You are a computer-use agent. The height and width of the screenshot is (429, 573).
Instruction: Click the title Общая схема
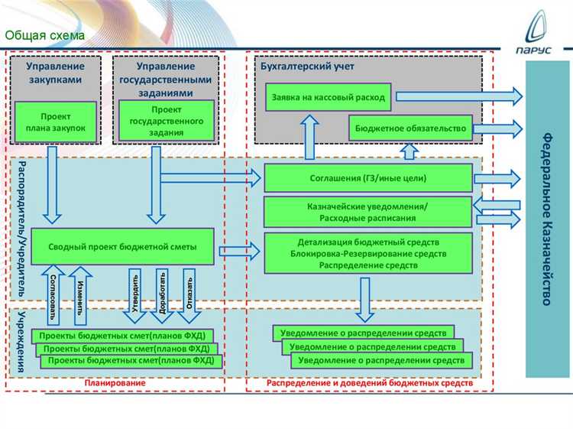click(40, 35)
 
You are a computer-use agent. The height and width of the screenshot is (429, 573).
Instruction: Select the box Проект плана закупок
click(55, 122)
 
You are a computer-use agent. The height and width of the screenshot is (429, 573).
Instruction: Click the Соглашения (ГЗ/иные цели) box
click(367, 178)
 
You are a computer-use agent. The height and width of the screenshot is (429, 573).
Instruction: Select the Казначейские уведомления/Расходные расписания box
click(367, 212)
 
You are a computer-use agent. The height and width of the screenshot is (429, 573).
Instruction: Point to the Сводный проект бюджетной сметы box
click(124, 247)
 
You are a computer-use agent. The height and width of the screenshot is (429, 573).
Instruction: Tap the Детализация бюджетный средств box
click(367, 253)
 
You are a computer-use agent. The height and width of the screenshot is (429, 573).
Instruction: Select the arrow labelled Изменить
click(79, 291)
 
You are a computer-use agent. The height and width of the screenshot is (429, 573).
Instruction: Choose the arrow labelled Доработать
click(162, 291)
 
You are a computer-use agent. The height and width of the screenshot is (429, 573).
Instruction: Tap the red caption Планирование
click(115, 382)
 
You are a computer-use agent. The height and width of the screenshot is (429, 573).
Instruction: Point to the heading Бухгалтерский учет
click(296, 67)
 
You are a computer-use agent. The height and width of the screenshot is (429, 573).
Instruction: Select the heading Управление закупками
click(55, 73)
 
